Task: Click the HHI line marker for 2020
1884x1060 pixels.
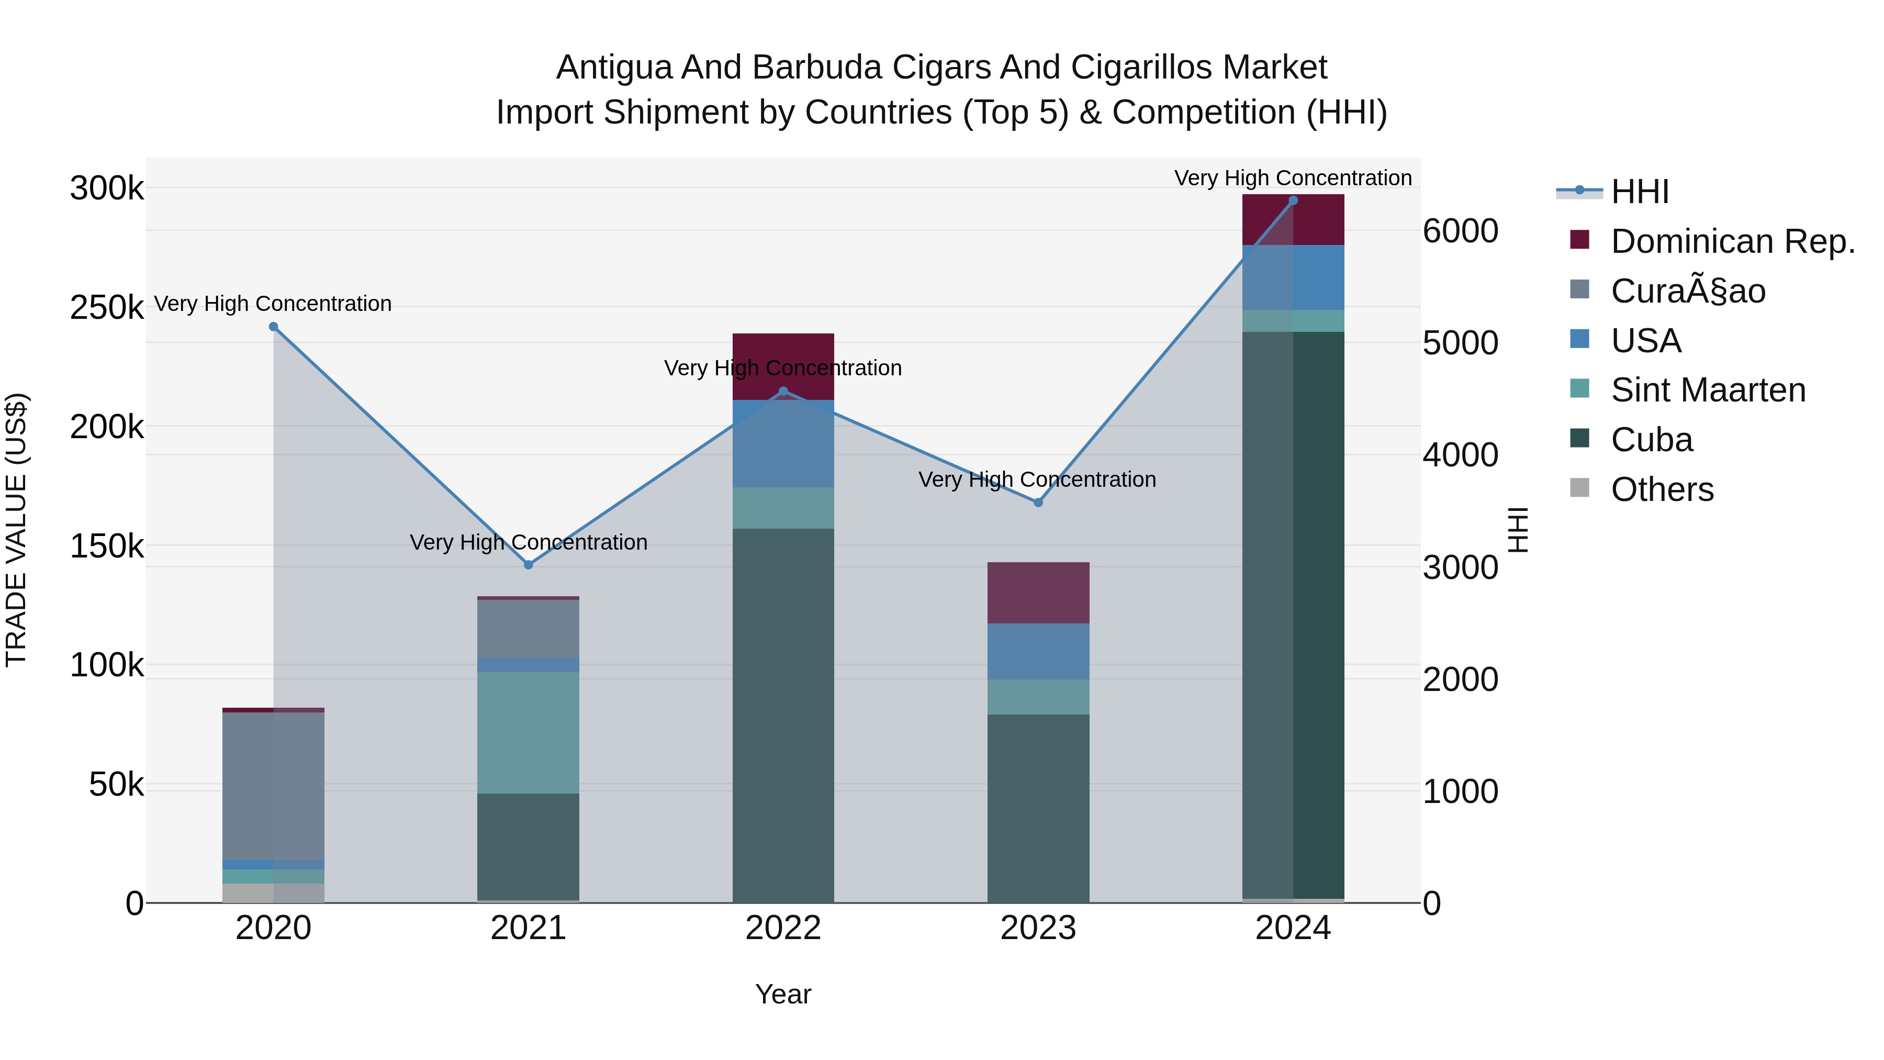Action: tap(274, 327)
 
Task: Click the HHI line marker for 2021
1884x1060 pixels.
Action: tap(528, 565)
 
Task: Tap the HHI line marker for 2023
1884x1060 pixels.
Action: tap(1038, 503)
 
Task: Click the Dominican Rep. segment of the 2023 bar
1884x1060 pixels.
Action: tap(1038, 593)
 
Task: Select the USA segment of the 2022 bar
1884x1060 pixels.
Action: tap(783, 443)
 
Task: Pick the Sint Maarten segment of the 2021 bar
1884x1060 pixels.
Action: tap(528, 732)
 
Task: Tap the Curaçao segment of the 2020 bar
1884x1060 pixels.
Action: tap(274, 786)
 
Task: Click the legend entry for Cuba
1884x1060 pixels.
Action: tap(1652, 440)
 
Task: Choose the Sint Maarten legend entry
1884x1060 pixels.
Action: tap(1708, 390)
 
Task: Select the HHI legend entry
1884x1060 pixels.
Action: tap(1639, 192)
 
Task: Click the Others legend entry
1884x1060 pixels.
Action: tap(1662, 489)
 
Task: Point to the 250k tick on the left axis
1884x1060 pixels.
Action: tap(107, 308)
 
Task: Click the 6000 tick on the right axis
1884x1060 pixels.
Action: tap(1460, 231)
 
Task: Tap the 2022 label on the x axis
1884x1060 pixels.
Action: tap(783, 928)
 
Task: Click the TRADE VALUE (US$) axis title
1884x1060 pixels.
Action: tap(17, 530)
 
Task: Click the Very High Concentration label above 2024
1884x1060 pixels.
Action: tap(1292, 178)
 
